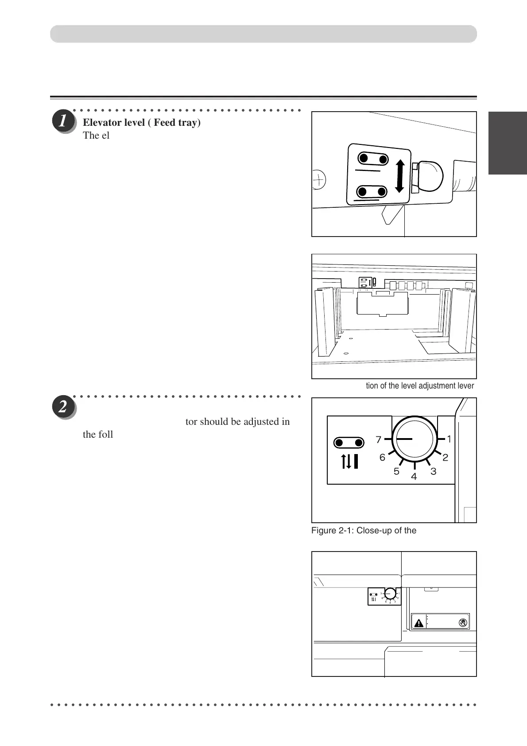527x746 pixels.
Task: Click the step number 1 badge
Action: [x=64, y=122]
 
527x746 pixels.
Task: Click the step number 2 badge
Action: [x=64, y=407]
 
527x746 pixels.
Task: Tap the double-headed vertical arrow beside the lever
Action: [x=399, y=176]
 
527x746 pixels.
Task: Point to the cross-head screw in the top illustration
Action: [x=318, y=180]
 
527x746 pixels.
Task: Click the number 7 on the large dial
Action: [x=378, y=440]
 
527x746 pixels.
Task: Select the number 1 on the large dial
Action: [x=449, y=439]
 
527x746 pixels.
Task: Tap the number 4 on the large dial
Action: [x=414, y=477]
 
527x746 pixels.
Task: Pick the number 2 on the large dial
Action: [x=445, y=458]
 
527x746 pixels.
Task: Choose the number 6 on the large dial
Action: [x=382, y=458]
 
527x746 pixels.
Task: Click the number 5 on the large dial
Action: [x=396, y=471]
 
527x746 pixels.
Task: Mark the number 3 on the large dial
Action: [x=433, y=471]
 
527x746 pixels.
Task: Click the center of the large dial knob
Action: [x=414, y=439]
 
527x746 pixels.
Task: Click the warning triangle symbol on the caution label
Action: [x=418, y=623]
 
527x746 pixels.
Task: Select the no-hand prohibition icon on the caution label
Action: [x=463, y=622]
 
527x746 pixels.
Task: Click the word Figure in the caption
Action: [x=324, y=530]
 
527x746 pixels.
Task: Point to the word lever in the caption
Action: [x=465, y=386]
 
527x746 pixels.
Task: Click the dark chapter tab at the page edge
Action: [x=508, y=144]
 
